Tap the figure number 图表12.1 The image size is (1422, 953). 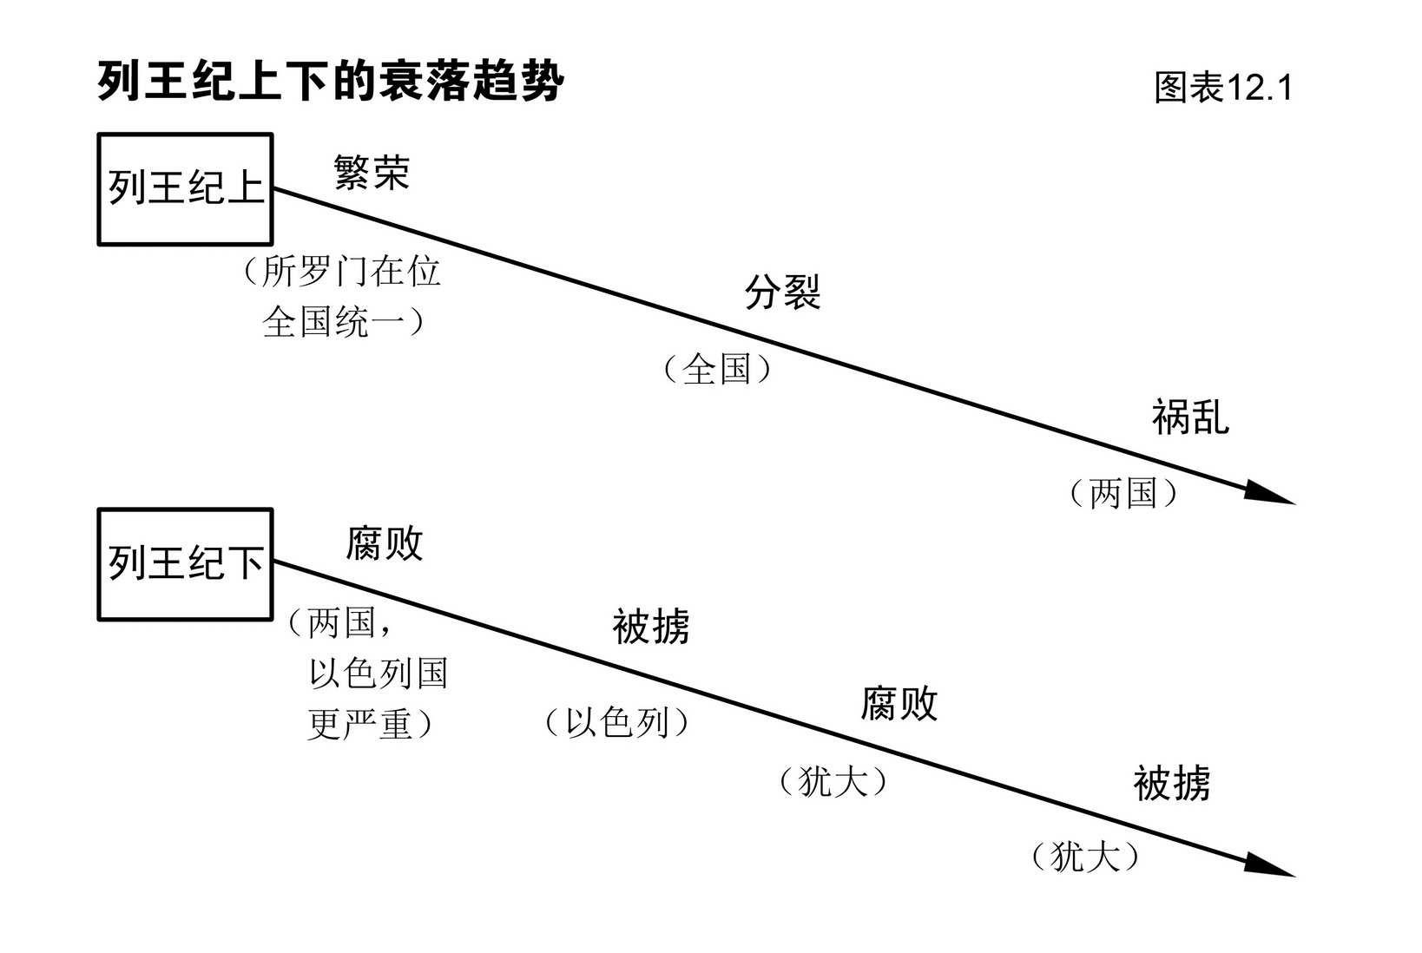1223,88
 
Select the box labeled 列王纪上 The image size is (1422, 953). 185,189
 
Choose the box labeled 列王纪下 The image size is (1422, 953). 185,564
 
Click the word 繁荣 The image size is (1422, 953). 372,173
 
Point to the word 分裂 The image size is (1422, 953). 782,292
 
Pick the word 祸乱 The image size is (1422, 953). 1190,417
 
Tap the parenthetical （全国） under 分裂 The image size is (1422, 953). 717,370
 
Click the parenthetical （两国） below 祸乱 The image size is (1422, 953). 1123,494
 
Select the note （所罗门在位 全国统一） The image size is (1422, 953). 343,297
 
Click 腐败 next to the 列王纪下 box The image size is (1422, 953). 384,545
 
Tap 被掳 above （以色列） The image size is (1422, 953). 651,627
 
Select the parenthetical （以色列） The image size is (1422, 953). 616,722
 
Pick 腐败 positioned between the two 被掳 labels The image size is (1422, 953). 899,703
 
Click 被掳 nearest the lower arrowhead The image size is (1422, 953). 1171,783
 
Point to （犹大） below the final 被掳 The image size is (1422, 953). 1084,858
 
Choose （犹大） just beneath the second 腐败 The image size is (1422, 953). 833,782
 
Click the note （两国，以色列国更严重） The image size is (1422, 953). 369,674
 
